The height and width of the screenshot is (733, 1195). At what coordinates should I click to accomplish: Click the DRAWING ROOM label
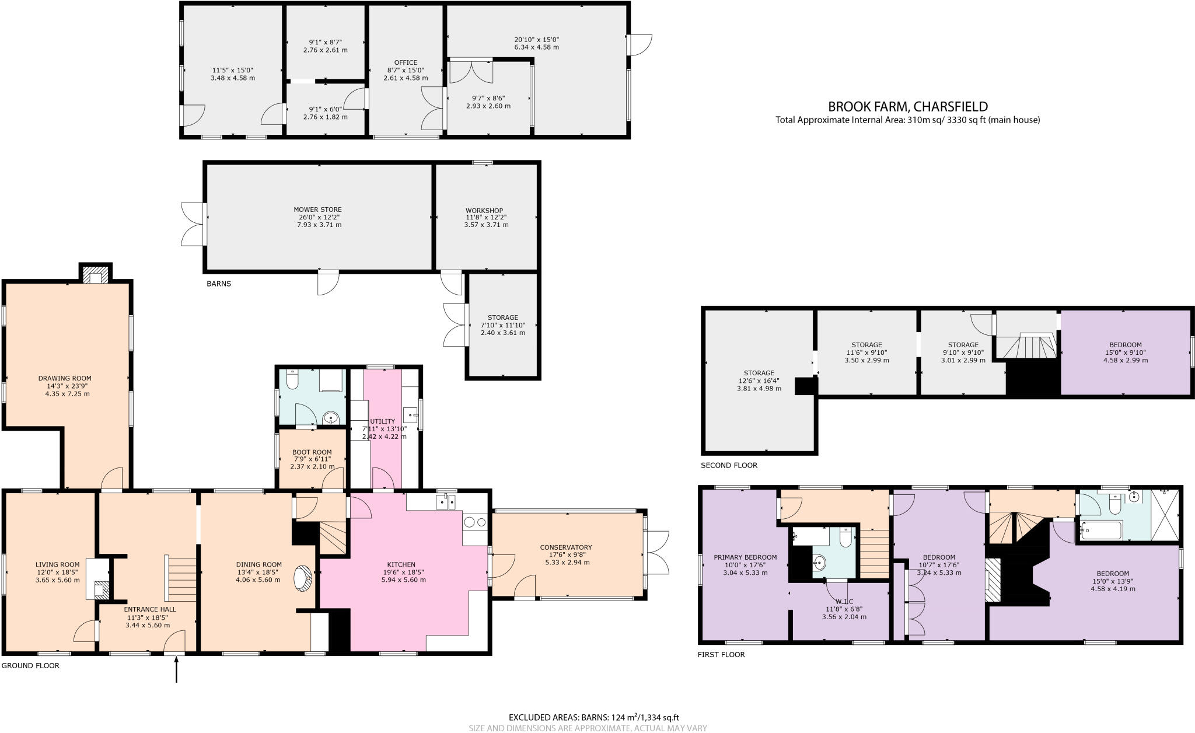coord(65,378)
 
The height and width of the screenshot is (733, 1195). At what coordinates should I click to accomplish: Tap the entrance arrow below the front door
coord(176,669)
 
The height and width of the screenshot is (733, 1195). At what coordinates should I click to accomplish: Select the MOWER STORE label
coord(317,210)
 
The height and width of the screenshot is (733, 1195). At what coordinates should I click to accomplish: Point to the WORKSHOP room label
coord(484,211)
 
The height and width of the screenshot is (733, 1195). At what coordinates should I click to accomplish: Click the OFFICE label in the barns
coord(406,62)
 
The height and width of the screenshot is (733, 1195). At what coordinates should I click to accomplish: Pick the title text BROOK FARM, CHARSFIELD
coord(908,107)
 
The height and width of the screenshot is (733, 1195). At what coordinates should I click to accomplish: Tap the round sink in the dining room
coord(304,578)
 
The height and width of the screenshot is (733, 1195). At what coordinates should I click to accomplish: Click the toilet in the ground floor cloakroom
coord(292,381)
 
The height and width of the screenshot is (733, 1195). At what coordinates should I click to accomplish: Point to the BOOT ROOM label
coord(312,452)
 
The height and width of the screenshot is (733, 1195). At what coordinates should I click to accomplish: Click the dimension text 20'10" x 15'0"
coord(536,40)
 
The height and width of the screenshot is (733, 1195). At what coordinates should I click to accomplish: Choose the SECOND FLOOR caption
coord(729,465)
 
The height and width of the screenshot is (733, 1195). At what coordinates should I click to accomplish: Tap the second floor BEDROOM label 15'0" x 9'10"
coord(1126,345)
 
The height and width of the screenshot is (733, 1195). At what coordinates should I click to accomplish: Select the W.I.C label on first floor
coord(844,601)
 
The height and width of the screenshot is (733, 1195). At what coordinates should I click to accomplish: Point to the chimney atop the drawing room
coord(95,274)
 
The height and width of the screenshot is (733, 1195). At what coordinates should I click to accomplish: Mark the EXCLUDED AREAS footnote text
coord(593,717)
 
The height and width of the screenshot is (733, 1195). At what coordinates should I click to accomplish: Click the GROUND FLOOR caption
coord(30,665)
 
